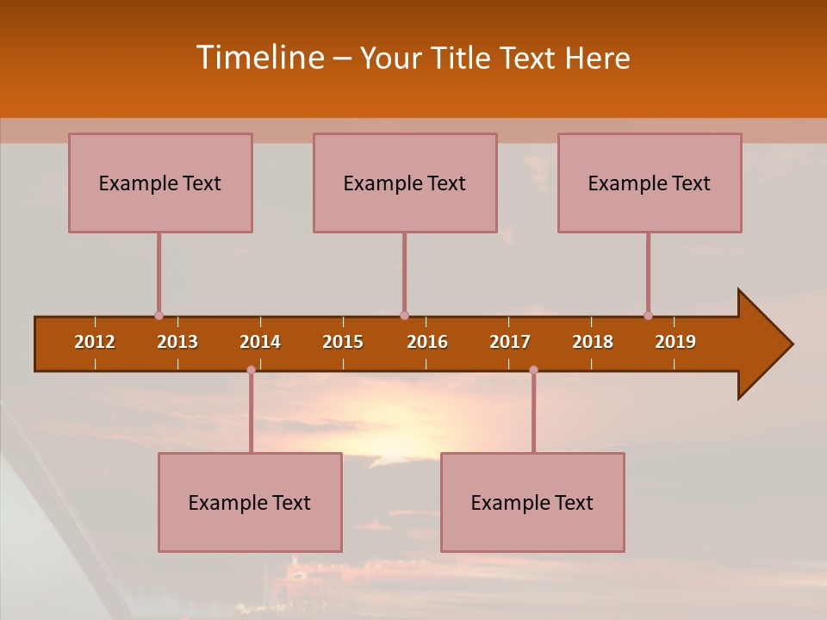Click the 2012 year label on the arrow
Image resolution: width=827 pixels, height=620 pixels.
(x=95, y=342)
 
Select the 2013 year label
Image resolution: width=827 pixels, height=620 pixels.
(x=177, y=342)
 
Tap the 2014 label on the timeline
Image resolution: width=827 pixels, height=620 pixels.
(x=260, y=342)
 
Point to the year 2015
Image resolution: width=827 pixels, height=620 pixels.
(x=343, y=342)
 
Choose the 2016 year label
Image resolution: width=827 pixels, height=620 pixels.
(x=427, y=342)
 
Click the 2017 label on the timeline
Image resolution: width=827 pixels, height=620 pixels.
(x=510, y=342)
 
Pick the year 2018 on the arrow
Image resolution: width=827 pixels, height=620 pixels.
(x=593, y=342)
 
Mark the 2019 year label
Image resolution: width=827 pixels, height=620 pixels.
(x=675, y=342)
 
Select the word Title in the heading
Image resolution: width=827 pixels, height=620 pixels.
(x=463, y=59)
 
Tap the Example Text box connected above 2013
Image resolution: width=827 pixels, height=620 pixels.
(x=160, y=183)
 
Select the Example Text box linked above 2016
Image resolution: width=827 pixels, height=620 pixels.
(x=405, y=183)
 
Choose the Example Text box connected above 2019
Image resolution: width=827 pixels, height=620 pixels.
(x=650, y=183)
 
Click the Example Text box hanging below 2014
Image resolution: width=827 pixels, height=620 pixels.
(x=250, y=502)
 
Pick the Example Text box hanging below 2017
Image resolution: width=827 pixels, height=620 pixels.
(x=532, y=502)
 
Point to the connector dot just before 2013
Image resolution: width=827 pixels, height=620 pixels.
(x=159, y=315)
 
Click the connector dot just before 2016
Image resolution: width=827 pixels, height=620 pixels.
(x=404, y=315)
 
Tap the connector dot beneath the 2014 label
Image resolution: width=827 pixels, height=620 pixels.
(x=251, y=369)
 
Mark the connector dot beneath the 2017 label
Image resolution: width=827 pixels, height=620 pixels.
(x=533, y=369)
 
